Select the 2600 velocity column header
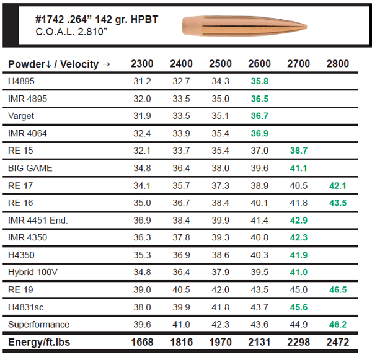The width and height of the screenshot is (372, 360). point(259,64)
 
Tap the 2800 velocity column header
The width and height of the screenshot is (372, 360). point(337,64)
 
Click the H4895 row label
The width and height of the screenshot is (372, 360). point(21,81)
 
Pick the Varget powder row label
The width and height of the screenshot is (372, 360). point(21,116)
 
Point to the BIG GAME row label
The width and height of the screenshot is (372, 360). point(30,168)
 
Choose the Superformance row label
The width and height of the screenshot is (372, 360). point(38,325)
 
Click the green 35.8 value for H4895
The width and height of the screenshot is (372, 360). point(259,81)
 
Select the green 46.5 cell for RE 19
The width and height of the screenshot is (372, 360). point(338,290)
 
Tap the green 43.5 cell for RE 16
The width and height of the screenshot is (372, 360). point(338,203)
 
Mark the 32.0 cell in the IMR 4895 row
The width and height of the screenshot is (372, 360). point(142,99)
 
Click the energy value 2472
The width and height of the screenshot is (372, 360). point(337,342)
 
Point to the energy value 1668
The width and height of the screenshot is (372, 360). point(142,342)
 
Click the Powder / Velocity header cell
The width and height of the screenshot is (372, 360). point(58,64)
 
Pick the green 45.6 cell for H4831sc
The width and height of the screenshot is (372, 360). point(298,307)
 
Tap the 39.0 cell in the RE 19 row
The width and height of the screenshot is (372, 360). point(142,290)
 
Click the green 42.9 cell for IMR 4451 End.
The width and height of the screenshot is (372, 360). point(298,220)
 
